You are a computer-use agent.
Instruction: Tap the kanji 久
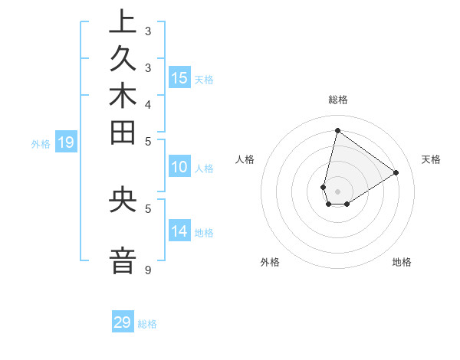click(x=123, y=63)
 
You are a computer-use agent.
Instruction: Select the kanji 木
click(x=123, y=100)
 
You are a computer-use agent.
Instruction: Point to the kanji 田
click(x=123, y=136)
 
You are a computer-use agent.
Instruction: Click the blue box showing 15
click(x=179, y=77)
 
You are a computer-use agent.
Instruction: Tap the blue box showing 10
click(x=179, y=168)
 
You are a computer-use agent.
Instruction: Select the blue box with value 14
click(x=179, y=231)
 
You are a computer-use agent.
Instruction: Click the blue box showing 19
click(x=65, y=142)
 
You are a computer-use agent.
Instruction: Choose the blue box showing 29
click(x=123, y=322)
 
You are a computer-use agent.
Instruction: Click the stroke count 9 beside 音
click(x=147, y=270)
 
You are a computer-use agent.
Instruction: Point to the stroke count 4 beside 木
click(x=147, y=103)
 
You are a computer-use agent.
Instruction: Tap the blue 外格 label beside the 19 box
click(x=41, y=143)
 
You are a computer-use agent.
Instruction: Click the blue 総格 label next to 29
click(x=147, y=324)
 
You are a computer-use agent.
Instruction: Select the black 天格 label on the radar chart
click(x=431, y=159)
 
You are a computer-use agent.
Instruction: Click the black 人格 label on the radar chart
click(x=245, y=159)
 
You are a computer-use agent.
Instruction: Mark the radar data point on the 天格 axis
click(x=396, y=172)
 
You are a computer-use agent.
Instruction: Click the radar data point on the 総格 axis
click(x=337, y=130)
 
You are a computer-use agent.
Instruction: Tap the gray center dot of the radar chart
click(x=337, y=191)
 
